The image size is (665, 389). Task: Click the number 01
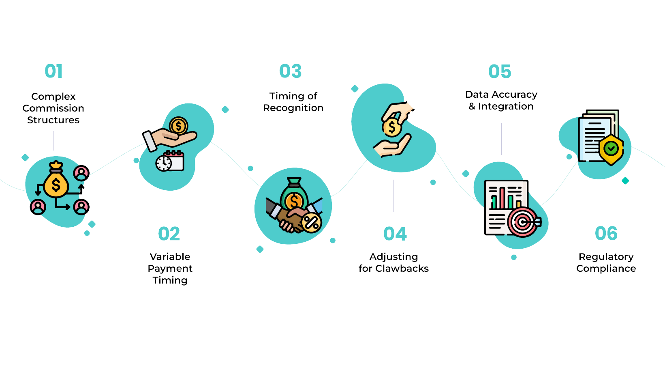pos(53,71)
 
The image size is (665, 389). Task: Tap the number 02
pos(169,234)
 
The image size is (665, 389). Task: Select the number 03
pos(291,71)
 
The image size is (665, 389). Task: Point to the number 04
pos(395,234)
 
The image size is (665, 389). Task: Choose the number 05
pos(500,72)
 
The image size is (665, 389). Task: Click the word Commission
pos(53,108)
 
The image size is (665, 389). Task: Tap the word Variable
pos(170,257)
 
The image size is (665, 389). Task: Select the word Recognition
pos(293,108)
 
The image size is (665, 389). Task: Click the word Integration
pos(506,106)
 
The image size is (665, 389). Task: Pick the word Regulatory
pos(606,257)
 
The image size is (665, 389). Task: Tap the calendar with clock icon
pos(170,161)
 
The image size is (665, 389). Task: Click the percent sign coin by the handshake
pos(311,222)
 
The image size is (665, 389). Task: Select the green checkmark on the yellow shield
pos(611,148)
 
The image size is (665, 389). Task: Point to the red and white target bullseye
pos(523,222)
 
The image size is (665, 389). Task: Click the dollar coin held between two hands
pos(391,127)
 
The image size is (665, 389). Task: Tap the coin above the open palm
pos(178,126)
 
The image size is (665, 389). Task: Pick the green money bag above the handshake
pos(294,194)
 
